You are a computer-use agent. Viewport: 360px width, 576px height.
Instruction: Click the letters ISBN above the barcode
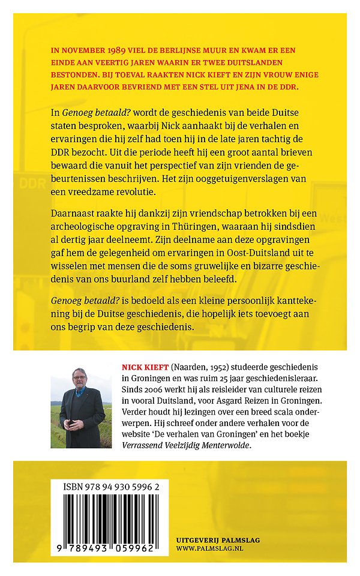point(73,489)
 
